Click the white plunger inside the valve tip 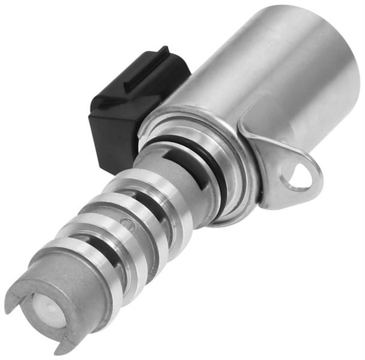pyautogui.click(x=46, y=310)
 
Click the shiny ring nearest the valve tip pyautogui.click(x=86, y=260)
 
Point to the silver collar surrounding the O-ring pyautogui.click(x=228, y=188)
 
